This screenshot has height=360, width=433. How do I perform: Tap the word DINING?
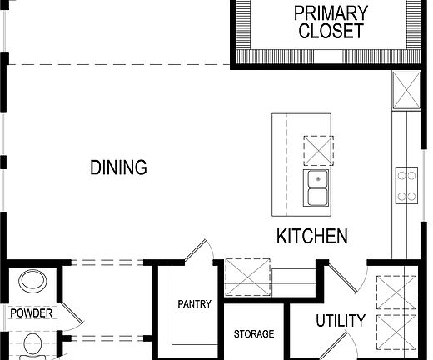click(x=118, y=167)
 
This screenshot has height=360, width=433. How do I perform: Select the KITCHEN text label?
click(x=311, y=237)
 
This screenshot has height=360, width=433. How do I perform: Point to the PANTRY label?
click(x=193, y=304)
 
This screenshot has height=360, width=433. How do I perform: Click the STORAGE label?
click(x=253, y=334)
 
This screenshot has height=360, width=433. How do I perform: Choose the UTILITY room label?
click(x=340, y=321)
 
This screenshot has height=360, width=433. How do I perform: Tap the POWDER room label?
click(x=31, y=313)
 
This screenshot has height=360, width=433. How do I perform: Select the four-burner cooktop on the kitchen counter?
click(x=406, y=185)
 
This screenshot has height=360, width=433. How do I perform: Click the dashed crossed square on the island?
click(x=317, y=150)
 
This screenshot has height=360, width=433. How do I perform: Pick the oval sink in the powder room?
click(x=34, y=281)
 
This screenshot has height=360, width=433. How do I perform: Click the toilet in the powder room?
click(x=34, y=343)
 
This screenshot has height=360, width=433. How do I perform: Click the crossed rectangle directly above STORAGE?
click(x=248, y=278)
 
